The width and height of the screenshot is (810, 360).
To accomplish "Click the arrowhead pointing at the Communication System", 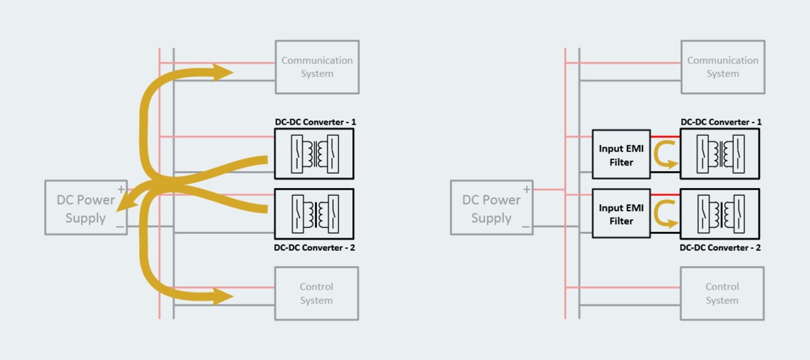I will (224, 72).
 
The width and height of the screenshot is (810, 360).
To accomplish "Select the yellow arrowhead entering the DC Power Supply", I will (123, 204).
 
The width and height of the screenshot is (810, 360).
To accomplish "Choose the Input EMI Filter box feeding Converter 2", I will (621, 214).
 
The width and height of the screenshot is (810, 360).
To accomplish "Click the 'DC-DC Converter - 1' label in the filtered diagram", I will (721, 122).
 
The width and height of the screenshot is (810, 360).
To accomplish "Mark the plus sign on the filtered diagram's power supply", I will (526, 190).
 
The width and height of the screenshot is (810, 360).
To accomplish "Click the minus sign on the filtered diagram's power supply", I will (526, 226).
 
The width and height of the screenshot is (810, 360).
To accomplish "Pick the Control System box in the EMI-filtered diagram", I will (722, 293).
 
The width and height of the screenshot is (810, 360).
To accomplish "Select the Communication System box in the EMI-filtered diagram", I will (723, 67).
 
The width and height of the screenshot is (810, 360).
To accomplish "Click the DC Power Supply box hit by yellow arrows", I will (86, 208).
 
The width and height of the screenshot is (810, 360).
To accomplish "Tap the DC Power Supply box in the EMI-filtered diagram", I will (491, 208).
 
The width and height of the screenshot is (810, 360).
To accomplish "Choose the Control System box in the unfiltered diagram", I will (316, 293).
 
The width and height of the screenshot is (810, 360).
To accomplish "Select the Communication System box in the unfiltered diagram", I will (317, 67).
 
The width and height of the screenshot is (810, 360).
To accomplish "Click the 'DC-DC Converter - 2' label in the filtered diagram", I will (720, 247).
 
